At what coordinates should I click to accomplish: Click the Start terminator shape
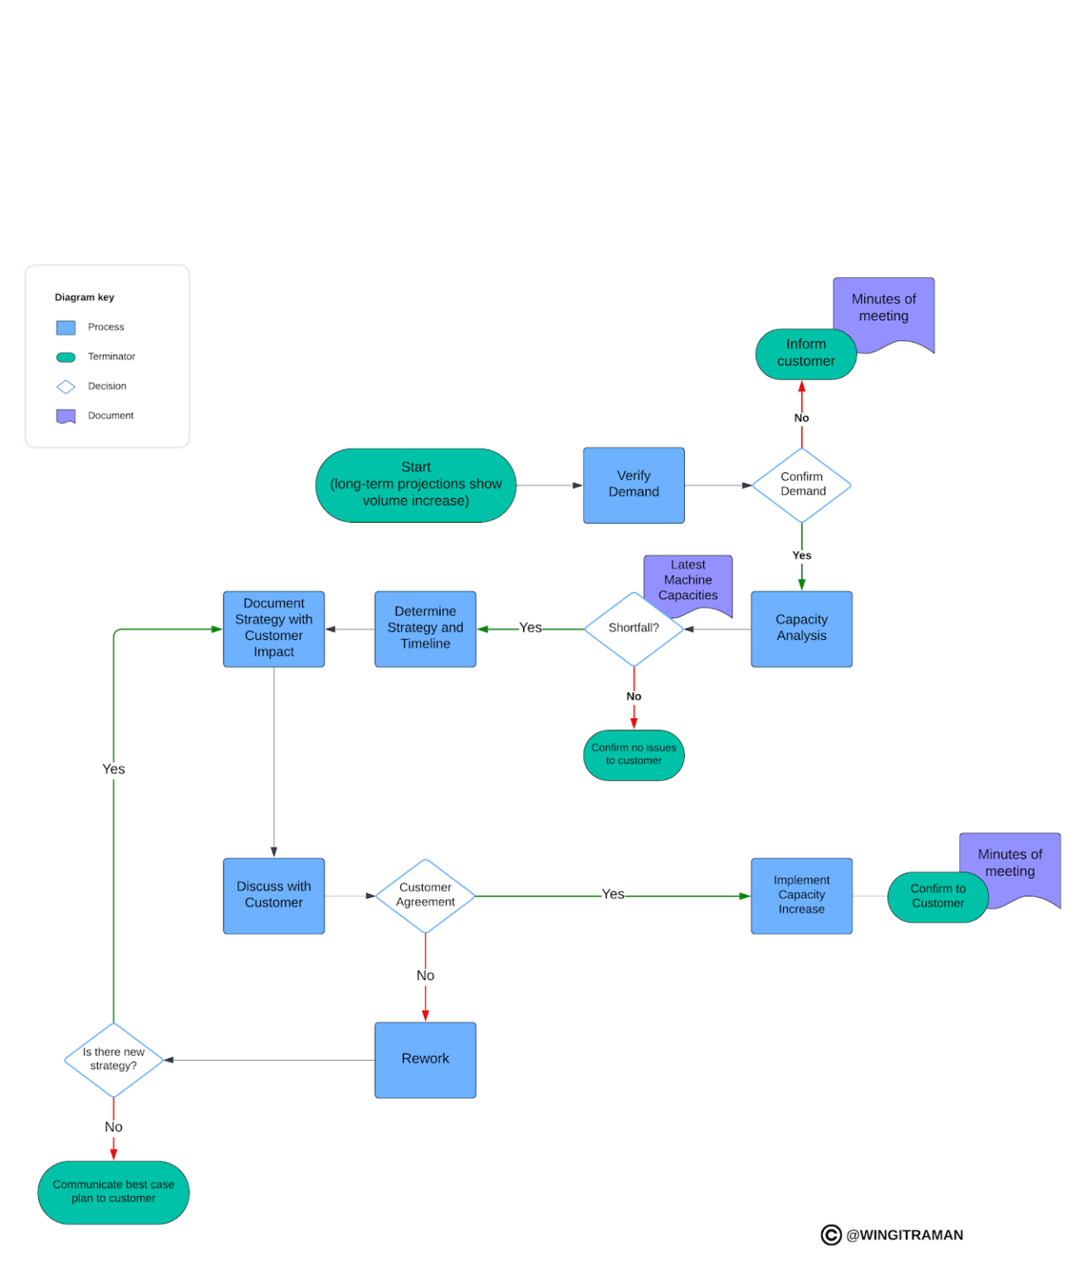tap(415, 485)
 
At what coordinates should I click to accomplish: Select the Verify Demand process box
tap(633, 485)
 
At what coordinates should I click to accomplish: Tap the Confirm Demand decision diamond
tap(801, 485)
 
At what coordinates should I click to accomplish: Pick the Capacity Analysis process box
tap(801, 628)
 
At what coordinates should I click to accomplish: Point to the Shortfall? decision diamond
tap(633, 628)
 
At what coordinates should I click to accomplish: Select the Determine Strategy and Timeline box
tap(425, 628)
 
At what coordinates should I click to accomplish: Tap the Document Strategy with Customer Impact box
tap(273, 628)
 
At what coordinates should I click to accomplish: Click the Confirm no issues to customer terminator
tap(633, 755)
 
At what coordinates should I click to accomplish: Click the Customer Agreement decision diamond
tap(425, 895)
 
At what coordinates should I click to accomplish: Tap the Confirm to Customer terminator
tap(937, 896)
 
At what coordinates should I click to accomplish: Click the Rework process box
tap(425, 1059)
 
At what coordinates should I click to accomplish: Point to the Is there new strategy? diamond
tap(114, 1059)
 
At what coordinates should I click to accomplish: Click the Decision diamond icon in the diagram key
tap(66, 387)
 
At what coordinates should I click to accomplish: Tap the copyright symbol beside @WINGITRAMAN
tap(830, 1234)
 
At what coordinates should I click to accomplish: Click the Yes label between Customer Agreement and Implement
tap(613, 894)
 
